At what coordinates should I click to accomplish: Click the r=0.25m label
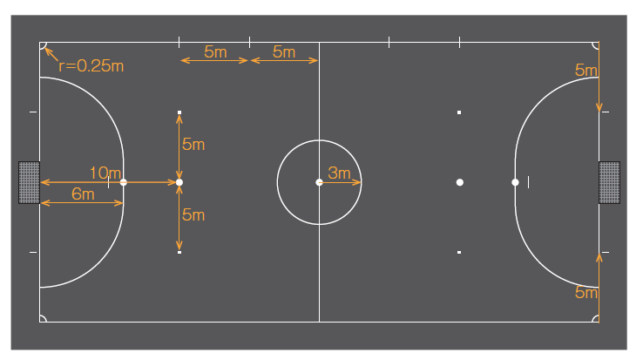pyautogui.click(x=91, y=66)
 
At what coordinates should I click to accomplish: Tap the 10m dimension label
pyautogui.click(x=105, y=173)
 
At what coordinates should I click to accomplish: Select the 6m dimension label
pyautogui.click(x=83, y=194)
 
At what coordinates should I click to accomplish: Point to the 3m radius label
pyautogui.click(x=339, y=173)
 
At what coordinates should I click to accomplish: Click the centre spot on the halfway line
pyautogui.click(x=319, y=182)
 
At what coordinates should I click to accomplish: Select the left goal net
pyautogui.click(x=29, y=182)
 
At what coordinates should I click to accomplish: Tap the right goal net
pyautogui.click(x=609, y=182)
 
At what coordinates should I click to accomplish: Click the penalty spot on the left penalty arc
pyautogui.click(x=124, y=182)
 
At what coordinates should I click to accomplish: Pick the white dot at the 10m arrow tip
pyautogui.click(x=179, y=182)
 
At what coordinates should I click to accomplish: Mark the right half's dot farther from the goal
pyautogui.click(x=460, y=182)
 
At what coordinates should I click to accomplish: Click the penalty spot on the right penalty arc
pyautogui.click(x=515, y=182)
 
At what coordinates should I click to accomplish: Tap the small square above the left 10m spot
pyautogui.click(x=179, y=112)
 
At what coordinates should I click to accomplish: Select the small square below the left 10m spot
pyautogui.click(x=179, y=253)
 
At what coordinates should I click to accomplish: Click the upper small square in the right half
pyautogui.click(x=459, y=112)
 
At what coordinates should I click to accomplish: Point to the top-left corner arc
pyautogui.click(x=44, y=46)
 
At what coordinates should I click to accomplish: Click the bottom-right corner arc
pyautogui.click(x=595, y=318)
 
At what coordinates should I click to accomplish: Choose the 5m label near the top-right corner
pyautogui.click(x=586, y=71)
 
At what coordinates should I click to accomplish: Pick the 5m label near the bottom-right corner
pyautogui.click(x=586, y=293)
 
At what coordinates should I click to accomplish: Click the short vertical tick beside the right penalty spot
pyautogui.click(x=528, y=182)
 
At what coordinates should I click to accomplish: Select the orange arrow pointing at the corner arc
pyautogui.click(x=51, y=54)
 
